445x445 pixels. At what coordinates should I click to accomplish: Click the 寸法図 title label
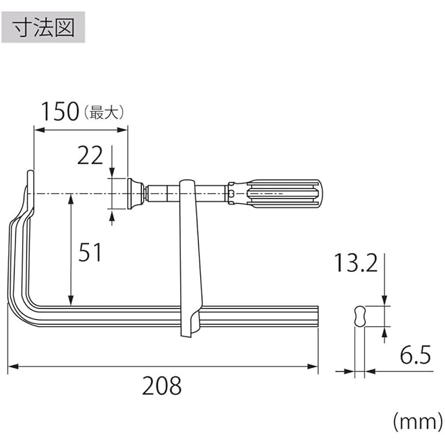[x=43, y=28]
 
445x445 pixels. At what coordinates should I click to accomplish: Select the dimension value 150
[x=60, y=111]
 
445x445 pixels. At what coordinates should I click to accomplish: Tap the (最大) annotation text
[x=104, y=113]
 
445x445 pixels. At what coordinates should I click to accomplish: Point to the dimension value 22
[x=90, y=155]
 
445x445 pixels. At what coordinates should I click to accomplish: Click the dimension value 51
[x=90, y=252]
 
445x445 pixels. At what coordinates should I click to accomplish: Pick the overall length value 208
[x=161, y=386]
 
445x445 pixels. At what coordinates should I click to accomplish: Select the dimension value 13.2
[x=356, y=263]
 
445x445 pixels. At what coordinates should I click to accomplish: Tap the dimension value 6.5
[x=415, y=355]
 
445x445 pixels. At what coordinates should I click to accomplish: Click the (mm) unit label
[x=417, y=422]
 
